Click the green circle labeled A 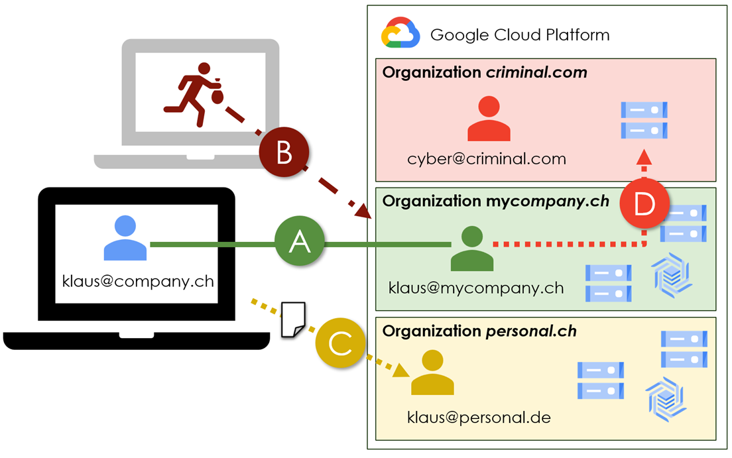pyautogui.click(x=300, y=244)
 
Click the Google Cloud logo pyautogui.click(x=400, y=34)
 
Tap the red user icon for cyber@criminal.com pyautogui.click(x=489, y=120)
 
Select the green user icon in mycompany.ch pyautogui.click(x=472, y=249)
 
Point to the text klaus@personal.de pyautogui.click(x=479, y=418)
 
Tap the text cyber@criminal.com pyautogui.click(x=487, y=159)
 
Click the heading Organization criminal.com pyautogui.click(x=485, y=72)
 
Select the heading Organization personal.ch pyautogui.click(x=479, y=330)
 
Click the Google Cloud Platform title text pyautogui.click(x=520, y=34)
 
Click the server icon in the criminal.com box pyautogui.click(x=643, y=120)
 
